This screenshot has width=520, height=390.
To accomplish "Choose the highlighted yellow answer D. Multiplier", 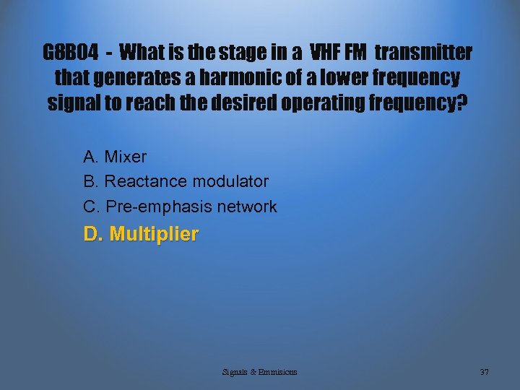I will pyautogui.click(x=141, y=235).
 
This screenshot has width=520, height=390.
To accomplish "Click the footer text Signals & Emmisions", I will pyautogui.click(x=260, y=372).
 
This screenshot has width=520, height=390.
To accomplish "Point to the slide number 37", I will pyautogui.click(x=484, y=372).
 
